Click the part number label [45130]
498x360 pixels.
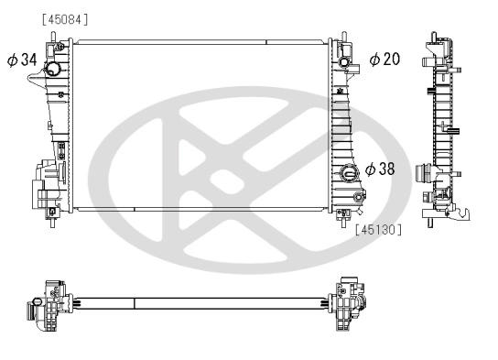click(x=377, y=230)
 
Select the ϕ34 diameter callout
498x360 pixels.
click(x=22, y=60)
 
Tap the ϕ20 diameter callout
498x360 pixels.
click(x=385, y=60)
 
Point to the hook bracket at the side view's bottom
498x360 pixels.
click(x=466, y=213)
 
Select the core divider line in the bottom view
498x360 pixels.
click(x=135, y=301)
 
